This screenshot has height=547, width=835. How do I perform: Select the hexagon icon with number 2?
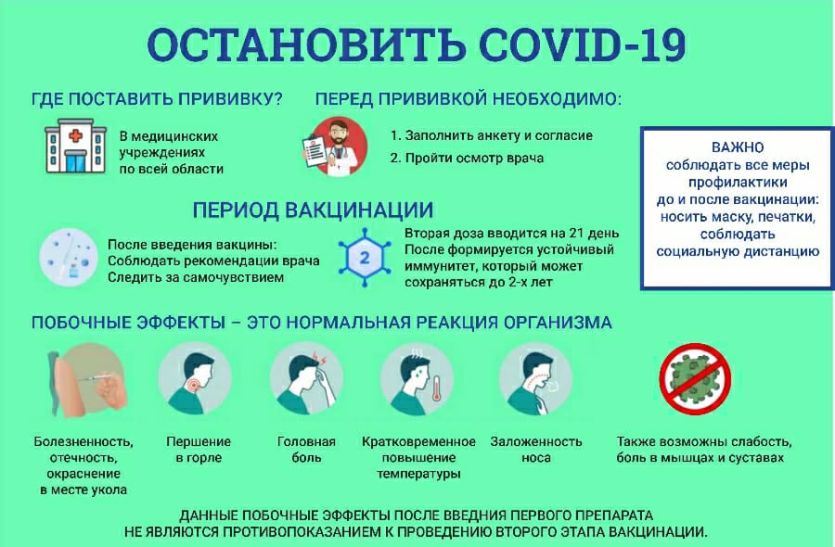point(365,258)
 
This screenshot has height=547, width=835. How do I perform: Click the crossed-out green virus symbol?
point(695,379)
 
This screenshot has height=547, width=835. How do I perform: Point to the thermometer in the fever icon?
point(437,389)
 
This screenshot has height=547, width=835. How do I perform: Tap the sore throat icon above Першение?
point(195,378)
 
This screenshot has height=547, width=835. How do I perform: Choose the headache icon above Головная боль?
point(305,378)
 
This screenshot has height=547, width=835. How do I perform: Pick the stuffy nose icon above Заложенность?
point(535,378)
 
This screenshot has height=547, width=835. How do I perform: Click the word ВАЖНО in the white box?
point(738,147)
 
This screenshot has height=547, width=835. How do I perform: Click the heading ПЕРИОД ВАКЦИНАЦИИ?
point(313,210)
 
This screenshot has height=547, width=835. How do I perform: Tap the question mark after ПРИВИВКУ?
point(276,99)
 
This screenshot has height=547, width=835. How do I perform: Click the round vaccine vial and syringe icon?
point(68,258)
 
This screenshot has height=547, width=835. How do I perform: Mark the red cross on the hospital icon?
point(76,135)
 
